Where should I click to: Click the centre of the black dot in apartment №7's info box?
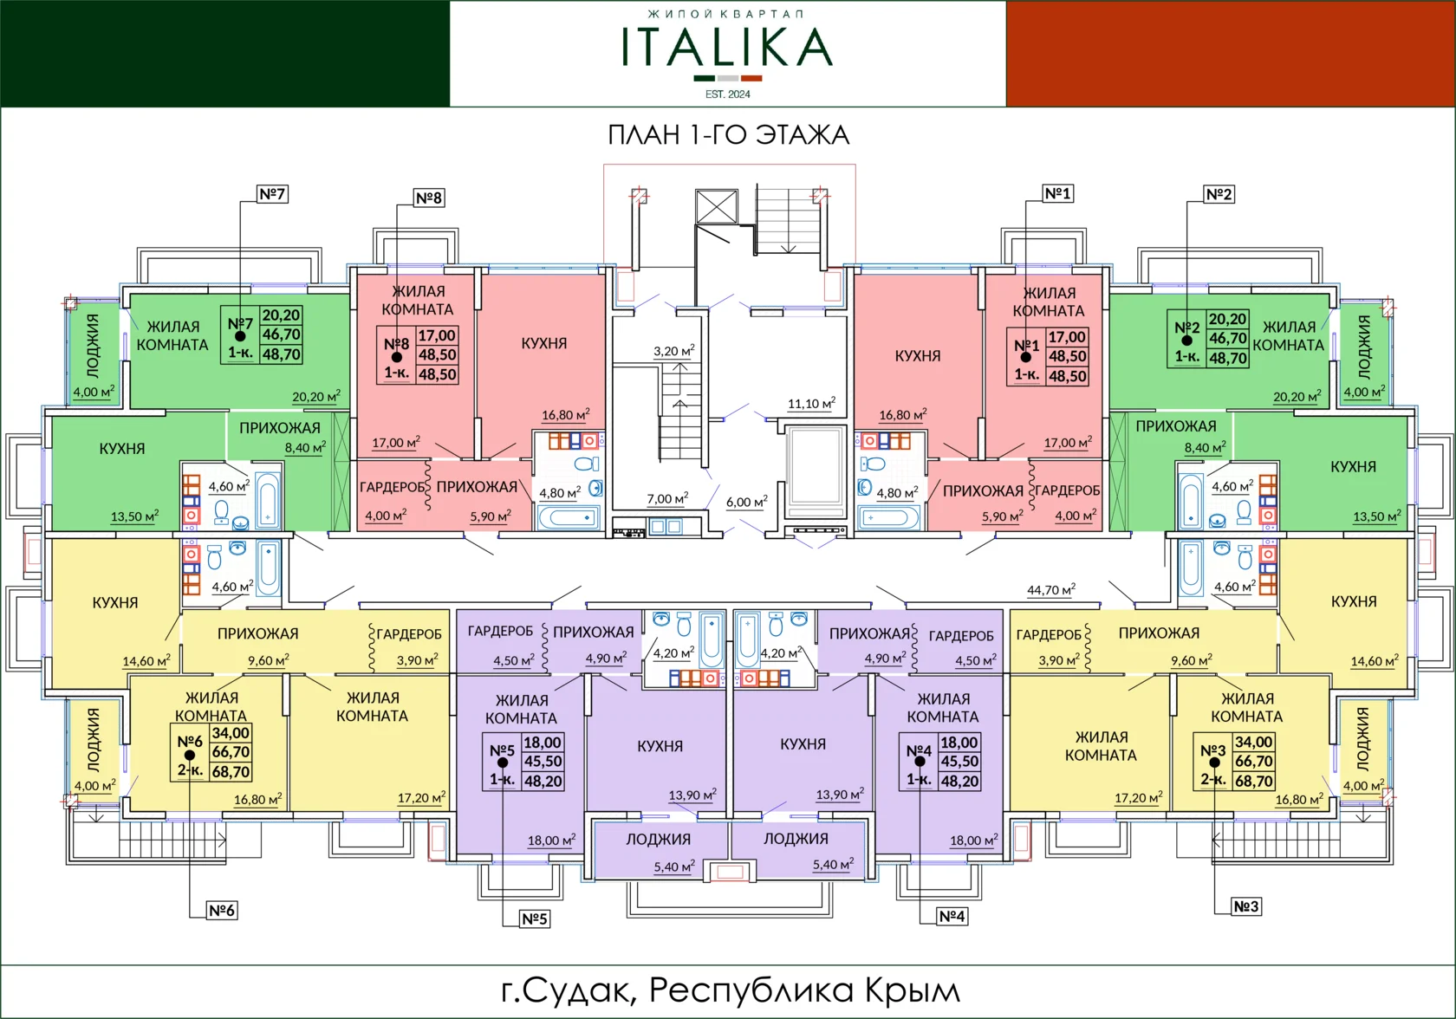(240, 336)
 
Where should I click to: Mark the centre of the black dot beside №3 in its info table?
(1213, 762)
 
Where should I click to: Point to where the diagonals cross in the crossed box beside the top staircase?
(716, 206)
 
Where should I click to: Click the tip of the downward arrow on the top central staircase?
(788, 252)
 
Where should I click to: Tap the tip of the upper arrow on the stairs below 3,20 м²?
(679, 363)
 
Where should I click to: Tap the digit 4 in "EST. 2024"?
(747, 94)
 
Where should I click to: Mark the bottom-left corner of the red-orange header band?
(1007, 107)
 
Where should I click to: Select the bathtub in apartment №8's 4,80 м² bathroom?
(569, 518)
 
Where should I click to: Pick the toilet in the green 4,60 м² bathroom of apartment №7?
(222, 511)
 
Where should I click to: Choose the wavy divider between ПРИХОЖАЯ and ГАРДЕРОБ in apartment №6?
(372, 648)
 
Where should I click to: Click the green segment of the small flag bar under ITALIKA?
(705, 79)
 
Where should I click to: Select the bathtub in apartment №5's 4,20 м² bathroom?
(712, 639)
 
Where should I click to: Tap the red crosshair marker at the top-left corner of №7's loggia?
(70, 303)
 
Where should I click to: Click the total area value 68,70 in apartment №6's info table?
(231, 772)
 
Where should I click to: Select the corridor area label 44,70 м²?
(1051, 589)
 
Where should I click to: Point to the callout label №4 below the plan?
(952, 917)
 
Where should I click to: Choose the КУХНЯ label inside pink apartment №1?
(918, 355)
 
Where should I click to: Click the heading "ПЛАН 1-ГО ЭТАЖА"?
(728, 135)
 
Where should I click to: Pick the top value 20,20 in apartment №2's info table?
(1228, 319)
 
